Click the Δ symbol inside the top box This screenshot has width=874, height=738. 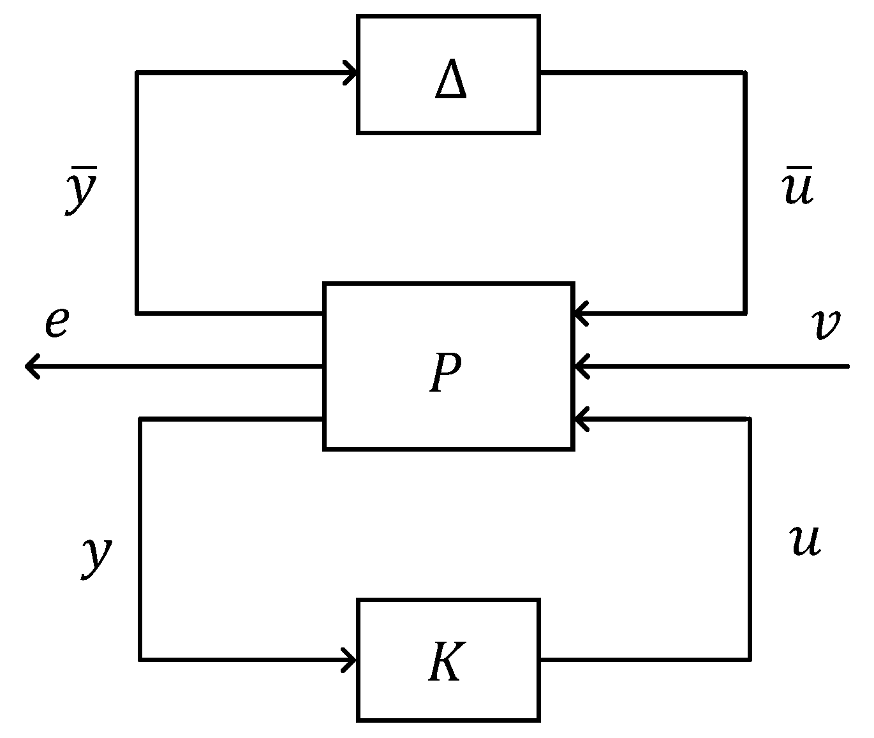(450, 82)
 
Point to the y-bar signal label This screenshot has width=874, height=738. (81, 191)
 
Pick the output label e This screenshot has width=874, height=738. (56, 323)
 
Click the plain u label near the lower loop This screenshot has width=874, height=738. (805, 541)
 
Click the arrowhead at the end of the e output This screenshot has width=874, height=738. (31, 366)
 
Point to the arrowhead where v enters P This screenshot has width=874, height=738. (581, 366)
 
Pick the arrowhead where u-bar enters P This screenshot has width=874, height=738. (581, 313)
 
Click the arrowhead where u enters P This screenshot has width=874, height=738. (581, 419)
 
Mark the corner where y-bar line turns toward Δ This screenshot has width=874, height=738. (137, 73)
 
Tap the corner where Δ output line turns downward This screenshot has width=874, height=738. (744, 73)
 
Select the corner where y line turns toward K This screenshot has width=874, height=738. (140, 659)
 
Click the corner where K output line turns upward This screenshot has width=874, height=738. (749, 659)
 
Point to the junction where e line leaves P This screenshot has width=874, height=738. (323, 366)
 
